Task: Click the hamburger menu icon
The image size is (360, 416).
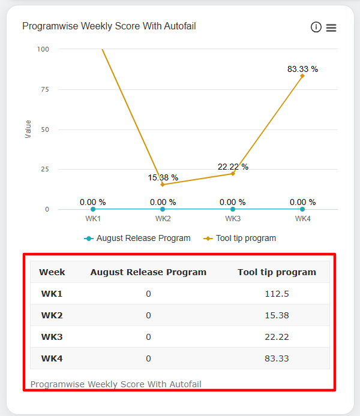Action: (x=331, y=28)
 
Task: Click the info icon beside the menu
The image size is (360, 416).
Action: (x=316, y=27)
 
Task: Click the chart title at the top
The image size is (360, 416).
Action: (x=109, y=26)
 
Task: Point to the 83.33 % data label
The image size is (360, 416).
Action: (x=302, y=69)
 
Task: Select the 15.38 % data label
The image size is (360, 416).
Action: (x=163, y=177)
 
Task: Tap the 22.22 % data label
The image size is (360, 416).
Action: (x=233, y=167)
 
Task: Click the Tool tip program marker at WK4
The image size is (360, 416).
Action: (x=302, y=76)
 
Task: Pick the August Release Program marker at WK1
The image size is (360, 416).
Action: (x=93, y=209)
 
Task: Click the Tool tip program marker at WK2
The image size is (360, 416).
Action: (x=163, y=185)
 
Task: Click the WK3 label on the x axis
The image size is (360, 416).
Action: (x=233, y=219)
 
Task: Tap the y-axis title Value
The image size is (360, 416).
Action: (x=28, y=129)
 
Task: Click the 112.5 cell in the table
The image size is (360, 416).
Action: (x=277, y=294)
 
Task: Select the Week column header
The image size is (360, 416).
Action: (x=52, y=272)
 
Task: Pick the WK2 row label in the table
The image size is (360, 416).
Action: (x=52, y=315)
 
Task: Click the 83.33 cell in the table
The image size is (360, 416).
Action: (x=277, y=358)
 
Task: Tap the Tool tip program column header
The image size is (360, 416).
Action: (x=277, y=272)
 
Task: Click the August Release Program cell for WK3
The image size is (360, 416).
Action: (x=148, y=337)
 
